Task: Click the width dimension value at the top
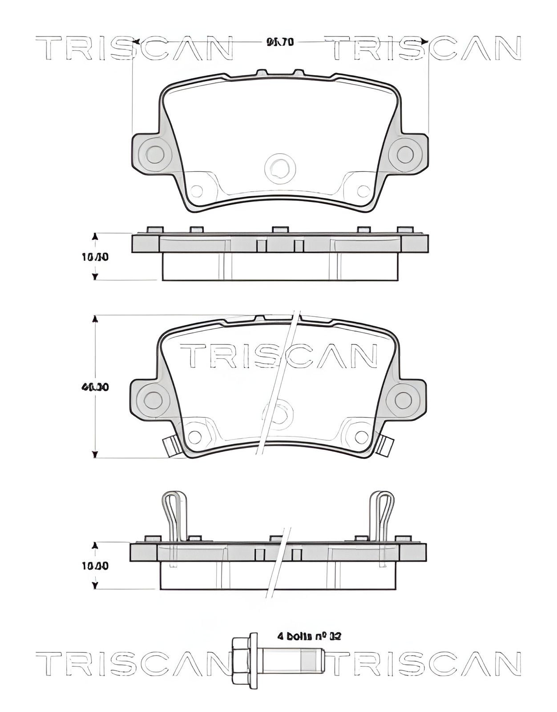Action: [280, 42]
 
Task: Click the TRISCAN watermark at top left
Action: [133, 49]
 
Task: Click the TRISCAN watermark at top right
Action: [425, 49]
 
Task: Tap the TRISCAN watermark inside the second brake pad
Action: [278, 356]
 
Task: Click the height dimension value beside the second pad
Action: [95, 387]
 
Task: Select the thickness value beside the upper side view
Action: [95, 257]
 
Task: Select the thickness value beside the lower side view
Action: [95, 566]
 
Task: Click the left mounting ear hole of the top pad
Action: [155, 154]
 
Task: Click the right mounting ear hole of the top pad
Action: [405, 154]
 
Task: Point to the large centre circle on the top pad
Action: [280, 169]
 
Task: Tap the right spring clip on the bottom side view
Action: [382, 516]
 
